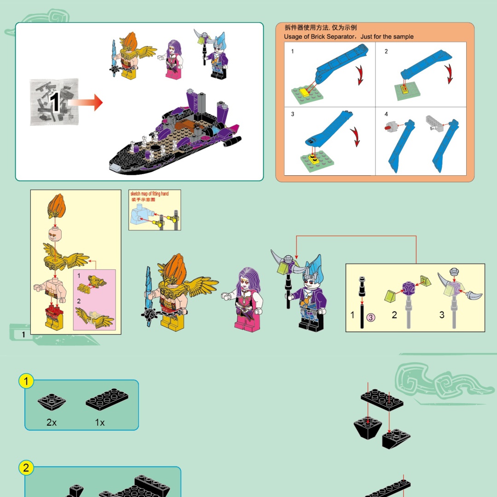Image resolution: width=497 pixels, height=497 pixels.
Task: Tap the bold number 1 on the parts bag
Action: (x=54, y=102)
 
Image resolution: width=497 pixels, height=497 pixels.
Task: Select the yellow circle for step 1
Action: (x=26, y=381)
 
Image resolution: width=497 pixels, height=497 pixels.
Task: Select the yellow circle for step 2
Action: (x=26, y=468)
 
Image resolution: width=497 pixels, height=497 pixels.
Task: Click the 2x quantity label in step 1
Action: (x=52, y=422)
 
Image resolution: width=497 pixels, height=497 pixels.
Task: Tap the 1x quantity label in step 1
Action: (x=100, y=422)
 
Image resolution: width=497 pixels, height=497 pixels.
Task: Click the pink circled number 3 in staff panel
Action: (x=371, y=317)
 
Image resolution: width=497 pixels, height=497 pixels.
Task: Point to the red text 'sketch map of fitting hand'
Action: (x=150, y=194)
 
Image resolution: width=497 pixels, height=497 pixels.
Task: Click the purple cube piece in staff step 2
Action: (x=409, y=289)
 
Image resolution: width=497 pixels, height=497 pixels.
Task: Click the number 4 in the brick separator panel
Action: (x=386, y=114)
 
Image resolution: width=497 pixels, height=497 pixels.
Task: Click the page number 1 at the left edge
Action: (x=23, y=335)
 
